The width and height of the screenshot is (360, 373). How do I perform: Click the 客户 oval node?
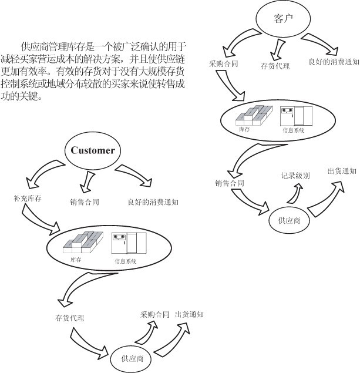point(283,19)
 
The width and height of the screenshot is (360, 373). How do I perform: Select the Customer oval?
point(92,150)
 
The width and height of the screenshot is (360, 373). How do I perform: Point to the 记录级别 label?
point(295,176)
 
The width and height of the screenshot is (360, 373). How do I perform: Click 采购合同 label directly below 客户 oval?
point(224,63)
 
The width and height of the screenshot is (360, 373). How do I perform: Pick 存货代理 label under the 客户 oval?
point(275,66)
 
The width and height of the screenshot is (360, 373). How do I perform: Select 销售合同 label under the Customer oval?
point(84,202)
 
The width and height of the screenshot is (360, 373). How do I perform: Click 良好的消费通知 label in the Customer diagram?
point(153,202)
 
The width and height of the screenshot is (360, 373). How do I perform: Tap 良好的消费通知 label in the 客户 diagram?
point(334,61)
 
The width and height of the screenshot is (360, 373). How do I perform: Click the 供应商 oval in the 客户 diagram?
point(289,220)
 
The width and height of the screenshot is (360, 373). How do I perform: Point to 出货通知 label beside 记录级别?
point(342,171)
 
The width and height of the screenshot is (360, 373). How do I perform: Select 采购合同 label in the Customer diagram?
point(155,314)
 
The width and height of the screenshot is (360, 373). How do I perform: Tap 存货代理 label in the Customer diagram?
point(70,318)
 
